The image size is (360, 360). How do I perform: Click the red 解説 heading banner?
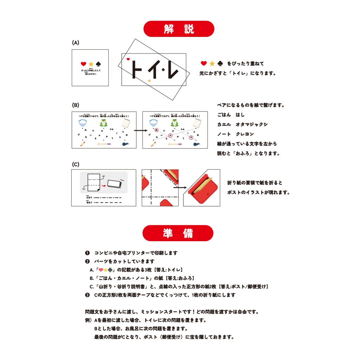(x=179, y=29)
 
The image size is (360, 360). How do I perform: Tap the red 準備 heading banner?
(x=178, y=233)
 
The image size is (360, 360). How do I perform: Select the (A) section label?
(x=76, y=43)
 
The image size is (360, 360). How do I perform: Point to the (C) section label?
(x=76, y=165)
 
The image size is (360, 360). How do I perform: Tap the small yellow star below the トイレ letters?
(x=149, y=81)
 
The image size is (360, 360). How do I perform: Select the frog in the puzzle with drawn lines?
(x=174, y=123)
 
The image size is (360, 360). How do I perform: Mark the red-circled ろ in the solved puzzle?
(x=191, y=137)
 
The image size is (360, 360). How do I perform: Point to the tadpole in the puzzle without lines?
(x=126, y=143)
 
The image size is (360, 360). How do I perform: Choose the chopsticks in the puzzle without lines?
(x=104, y=143)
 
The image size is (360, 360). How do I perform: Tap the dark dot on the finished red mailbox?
(x=208, y=193)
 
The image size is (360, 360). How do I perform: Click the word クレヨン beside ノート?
(x=245, y=134)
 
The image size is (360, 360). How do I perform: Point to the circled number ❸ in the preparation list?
(x=87, y=295)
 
